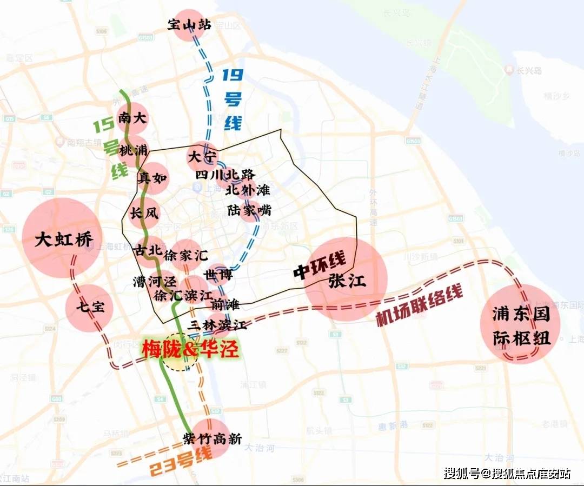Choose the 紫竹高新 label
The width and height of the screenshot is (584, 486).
212,439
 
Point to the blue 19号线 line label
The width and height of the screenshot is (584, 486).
233,99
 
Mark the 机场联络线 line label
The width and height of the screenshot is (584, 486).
420,307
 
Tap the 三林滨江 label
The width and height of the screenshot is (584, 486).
217,325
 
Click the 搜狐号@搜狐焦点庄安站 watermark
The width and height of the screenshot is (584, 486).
507,474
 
